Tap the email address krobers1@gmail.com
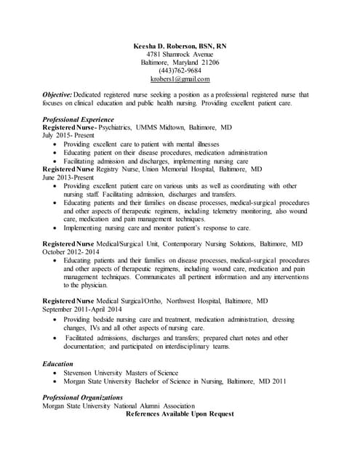[x=180, y=78]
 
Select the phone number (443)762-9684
[x=180, y=70]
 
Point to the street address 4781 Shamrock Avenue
[x=180, y=54]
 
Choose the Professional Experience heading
[x=78, y=119]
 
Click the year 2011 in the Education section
[x=278, y=381]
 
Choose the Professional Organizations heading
[x=82, y=397]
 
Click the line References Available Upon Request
[x=180, y=414]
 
